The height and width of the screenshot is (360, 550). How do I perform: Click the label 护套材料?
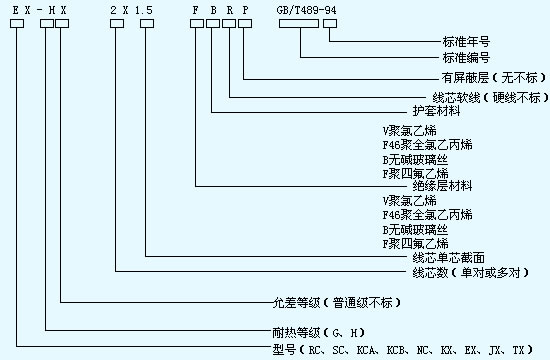435,111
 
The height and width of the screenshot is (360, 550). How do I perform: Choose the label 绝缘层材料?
441,186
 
